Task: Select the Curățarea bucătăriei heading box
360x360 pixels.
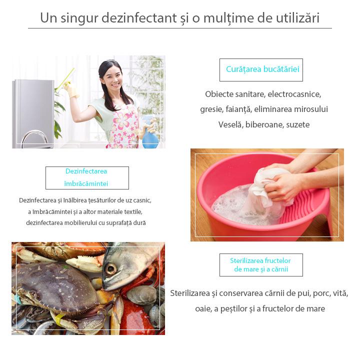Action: [x=261, y=69]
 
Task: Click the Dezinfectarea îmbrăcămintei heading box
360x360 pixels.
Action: [x=87, y=177]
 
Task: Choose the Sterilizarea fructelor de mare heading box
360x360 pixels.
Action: [x=260, y=265]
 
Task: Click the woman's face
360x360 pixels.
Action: [x=111, y=77]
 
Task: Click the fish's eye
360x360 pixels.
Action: [x=110, y=268]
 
